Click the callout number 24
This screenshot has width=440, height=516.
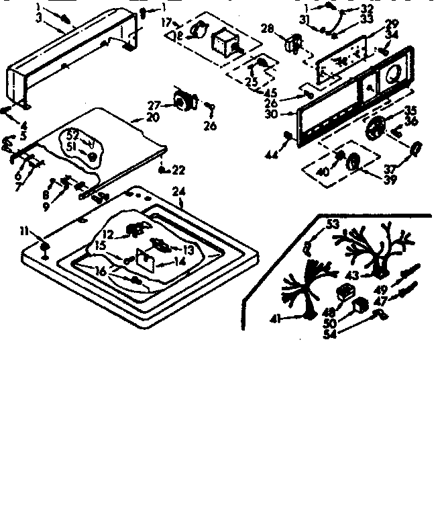click(178, 191)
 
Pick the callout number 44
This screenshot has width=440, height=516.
click(271, 156)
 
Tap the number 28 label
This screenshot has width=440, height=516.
click(267, 28)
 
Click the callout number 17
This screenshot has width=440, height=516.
click(166, 22)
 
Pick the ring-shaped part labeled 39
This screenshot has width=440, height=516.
click(353, 162)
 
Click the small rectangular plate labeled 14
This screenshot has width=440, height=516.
click(146, 258)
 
